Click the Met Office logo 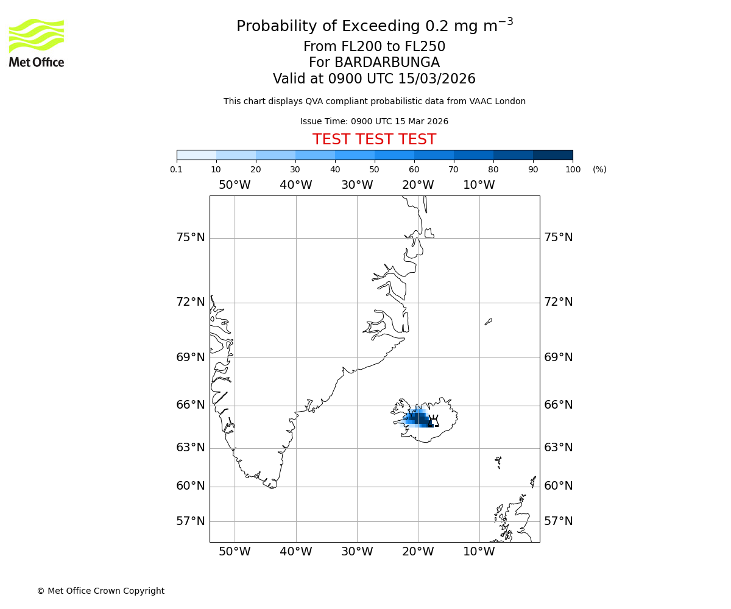[x=37, y=43]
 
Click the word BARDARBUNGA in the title [x=374, y=63]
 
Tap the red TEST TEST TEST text [x=374, y=139]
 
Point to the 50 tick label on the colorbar [x=374, y=169]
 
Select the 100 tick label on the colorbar [x=573, y=169]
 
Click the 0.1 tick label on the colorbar [x=177, y=169]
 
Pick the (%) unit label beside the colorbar [x=599, y=169]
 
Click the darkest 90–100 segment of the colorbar [x=553, y=155]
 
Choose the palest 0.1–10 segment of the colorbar [x=196, y=155]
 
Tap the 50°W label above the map [x=235, y=185]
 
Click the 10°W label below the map [x=479, y=552]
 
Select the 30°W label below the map [x=357, y=552]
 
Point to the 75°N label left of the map [x=191, y=238]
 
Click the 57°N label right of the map [x=558, y=521]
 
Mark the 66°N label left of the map [x=191, y=405]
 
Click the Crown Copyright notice [x=101, y=591]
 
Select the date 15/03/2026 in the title [x=437, y=79]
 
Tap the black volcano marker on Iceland [x=434, y=421]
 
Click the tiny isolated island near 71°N [x=488, y=322]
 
